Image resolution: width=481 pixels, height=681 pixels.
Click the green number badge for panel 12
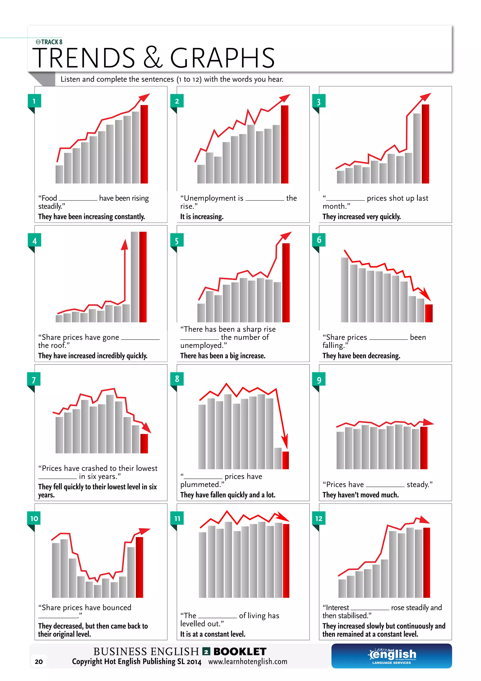pos(319,519)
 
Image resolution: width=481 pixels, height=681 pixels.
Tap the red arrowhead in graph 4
pos(125,245)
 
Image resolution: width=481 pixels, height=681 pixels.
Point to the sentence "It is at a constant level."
pos(213,634)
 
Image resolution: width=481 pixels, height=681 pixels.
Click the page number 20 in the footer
pos(39,661)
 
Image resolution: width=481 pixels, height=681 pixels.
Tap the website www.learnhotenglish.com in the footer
pos(248,661)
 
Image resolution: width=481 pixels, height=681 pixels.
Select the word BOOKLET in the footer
pos(240,652)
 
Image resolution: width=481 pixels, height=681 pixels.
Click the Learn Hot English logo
pos(392,656)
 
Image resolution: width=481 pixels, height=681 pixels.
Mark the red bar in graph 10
pos(139,567)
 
